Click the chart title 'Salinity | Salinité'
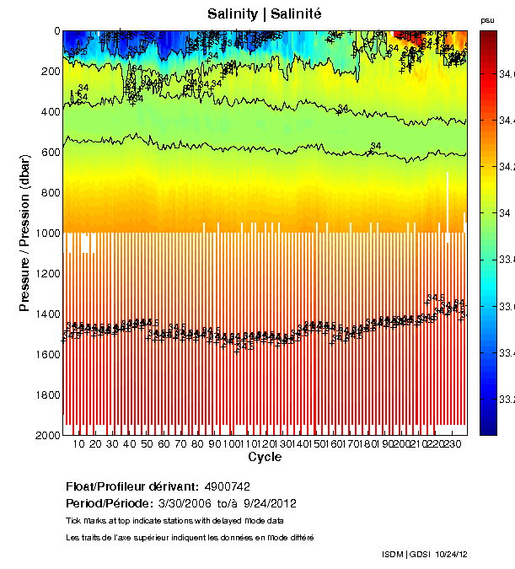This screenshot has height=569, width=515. point(264,13)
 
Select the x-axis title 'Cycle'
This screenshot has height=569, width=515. point(264,457)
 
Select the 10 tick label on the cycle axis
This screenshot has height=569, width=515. point(78,444)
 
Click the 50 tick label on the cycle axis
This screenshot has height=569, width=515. point(147,444)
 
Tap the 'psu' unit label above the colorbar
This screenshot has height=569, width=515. point(487,19)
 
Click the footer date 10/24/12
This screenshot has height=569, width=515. point(450,554)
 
